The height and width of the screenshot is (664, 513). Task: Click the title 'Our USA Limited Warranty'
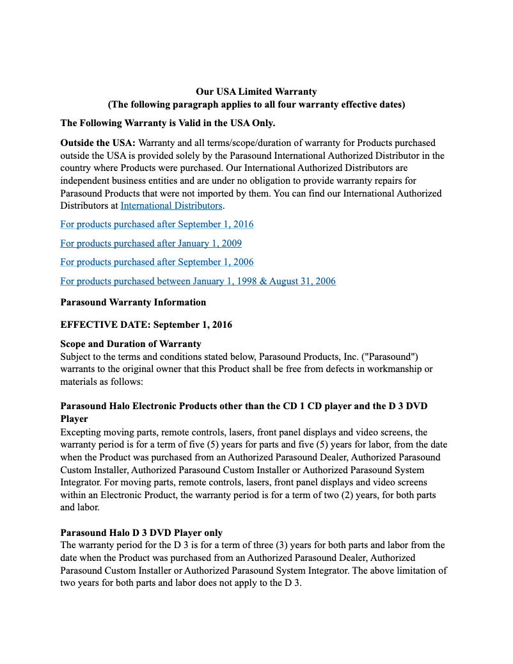[x=256, y=92]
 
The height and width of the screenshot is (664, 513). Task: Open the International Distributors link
[x=171, y=206]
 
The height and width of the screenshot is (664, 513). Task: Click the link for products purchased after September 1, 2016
[x=157, y=224]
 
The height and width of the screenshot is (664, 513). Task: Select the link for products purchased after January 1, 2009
[x=151, y=243]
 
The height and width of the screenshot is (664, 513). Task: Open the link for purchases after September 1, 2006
[x=157, y=262]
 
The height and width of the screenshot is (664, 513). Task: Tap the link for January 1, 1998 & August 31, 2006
[x=198, y=281]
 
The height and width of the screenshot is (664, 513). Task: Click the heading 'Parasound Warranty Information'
[x=133, y=302]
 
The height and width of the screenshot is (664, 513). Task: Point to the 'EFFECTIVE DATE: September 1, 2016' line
[x=146, y=325]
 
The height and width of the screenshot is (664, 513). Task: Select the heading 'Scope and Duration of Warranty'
[x=130, y=344]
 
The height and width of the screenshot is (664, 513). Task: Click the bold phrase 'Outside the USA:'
[x=98, y=143]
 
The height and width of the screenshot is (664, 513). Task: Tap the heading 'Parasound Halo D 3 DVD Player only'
[x=141, y=533]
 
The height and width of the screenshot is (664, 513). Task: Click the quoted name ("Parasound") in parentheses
[x=388, y=356]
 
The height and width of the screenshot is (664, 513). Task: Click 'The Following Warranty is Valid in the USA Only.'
[x=168, y=123]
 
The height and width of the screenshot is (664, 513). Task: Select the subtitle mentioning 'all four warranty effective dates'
[x=256, y=104]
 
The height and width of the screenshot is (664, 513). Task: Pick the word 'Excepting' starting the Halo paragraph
[x=81, y=432]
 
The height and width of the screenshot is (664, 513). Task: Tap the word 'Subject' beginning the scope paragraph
[x=76, y=356]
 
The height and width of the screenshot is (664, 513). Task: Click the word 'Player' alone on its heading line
[x=74, y=419]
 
